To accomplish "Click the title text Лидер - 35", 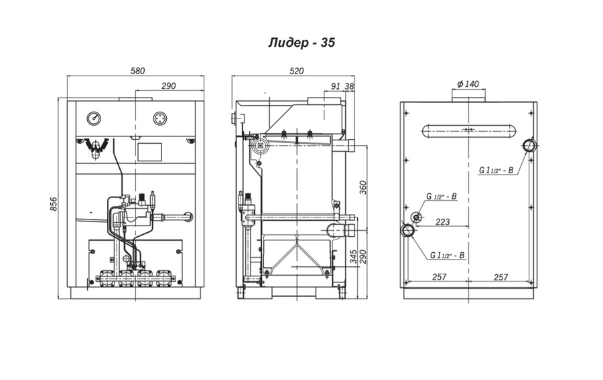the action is pos(301,42).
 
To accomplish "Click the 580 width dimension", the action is pos(137,71).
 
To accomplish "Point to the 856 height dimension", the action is pos(53,204).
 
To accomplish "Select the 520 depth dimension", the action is pos(297,71).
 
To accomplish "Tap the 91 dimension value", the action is pos(336,86).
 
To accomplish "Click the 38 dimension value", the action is pos(349,86).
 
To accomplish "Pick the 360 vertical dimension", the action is pos(363,187).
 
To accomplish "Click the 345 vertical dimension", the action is pos(354,256).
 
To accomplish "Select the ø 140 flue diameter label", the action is pos(468,84).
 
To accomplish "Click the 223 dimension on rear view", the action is pos(443,221).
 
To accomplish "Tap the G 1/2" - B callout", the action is pos(442,196).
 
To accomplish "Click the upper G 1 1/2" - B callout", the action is pos(496,170).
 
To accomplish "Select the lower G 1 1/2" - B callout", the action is pos(448,255).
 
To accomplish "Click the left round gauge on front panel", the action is pos(94,118).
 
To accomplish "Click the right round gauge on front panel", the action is pos(160,118).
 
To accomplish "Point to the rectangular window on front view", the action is pos(149,152).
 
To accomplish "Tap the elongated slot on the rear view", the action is pos(468,130).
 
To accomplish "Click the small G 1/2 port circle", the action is pos(416,217).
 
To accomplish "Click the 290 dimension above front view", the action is pos(168,86).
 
